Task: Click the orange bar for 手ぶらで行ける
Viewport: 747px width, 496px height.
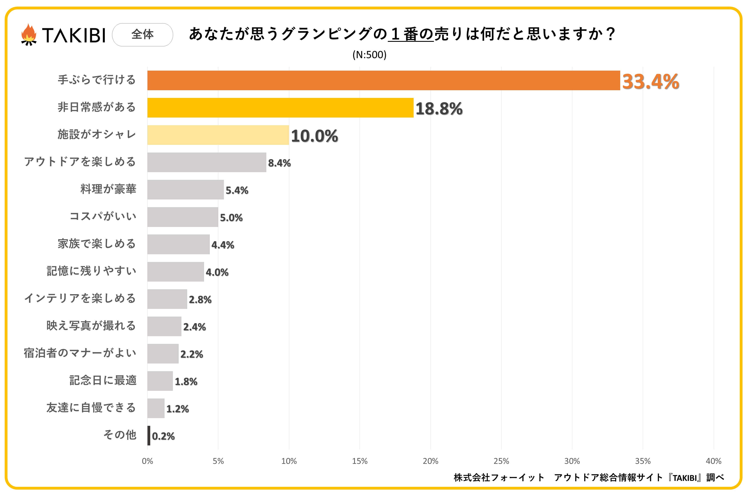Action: (384, 80)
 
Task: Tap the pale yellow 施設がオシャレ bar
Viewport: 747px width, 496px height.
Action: (218, 135)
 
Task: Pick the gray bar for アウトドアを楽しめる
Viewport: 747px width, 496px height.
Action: (207, 162)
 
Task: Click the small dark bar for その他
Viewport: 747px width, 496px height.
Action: (149, 436)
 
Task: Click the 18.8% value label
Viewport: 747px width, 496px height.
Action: (439, 109)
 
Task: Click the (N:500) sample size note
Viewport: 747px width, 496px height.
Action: (369, 55)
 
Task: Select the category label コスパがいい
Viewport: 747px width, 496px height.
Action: (103, 216)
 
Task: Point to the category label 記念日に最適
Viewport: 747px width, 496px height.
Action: (103, 380)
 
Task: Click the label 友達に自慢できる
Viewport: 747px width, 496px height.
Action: (91, 407)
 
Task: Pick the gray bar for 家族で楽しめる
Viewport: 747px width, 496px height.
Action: (178, 244)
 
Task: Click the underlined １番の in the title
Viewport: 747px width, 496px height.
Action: (411, 34)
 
